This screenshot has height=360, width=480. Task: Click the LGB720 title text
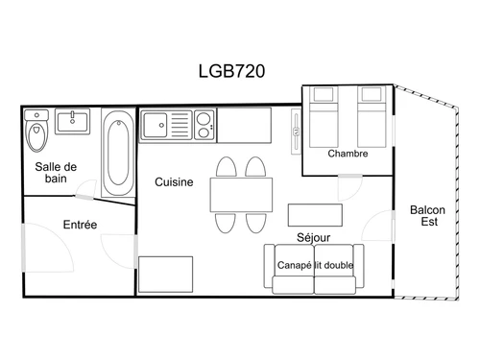pos(231,70)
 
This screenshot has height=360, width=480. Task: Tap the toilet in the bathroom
pos(37,132)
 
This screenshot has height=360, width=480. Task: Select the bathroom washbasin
pos(72,122)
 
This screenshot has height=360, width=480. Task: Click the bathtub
pos(119,152)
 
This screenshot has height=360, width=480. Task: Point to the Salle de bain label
pos(56,173)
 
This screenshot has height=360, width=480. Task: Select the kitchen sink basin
pos(155,124)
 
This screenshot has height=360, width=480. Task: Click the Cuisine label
pos(174,181)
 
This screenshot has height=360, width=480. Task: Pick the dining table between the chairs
pos(241,196)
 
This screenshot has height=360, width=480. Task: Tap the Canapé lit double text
pos(314,265)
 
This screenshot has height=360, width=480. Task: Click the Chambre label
pos(347,154)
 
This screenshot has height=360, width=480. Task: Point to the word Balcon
pos(427,210)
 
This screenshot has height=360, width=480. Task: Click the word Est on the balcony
pos(427,224)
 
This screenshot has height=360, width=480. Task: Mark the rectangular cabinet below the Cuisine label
pos(165,273)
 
